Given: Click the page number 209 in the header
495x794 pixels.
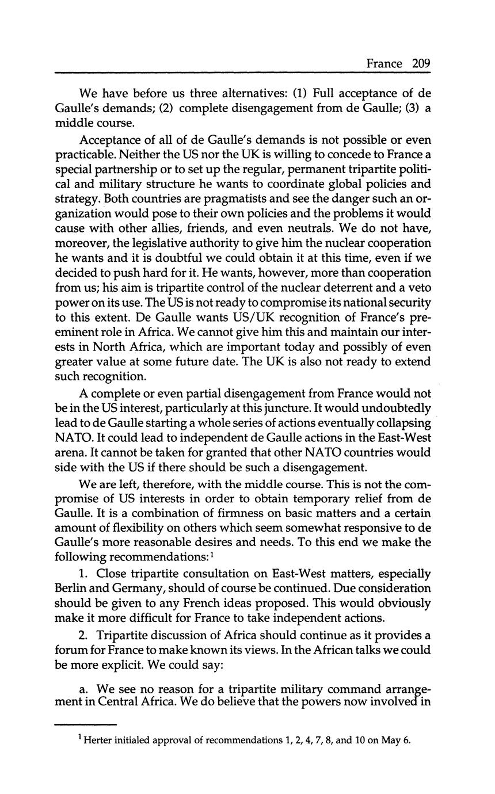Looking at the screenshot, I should pyautogui.click(x=421, y=64).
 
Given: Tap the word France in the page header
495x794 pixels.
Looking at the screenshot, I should pyautogui.click(x=384, y=64).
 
